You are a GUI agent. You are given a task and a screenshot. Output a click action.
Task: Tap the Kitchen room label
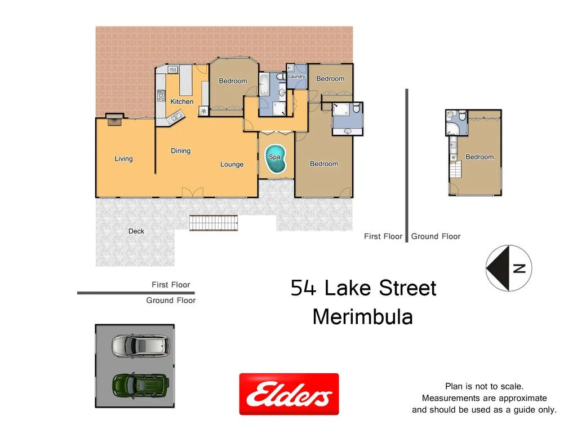[x=182, y=101]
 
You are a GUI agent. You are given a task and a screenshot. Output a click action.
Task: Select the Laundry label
[x=296, y=77]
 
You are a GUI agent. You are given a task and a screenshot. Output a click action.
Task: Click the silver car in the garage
[x=140, y=346]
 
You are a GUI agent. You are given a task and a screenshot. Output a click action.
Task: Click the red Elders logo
[x=289, y=394]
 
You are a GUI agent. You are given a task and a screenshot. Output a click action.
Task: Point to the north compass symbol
[x=509, y=268]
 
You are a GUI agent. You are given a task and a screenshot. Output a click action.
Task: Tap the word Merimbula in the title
[x=362, y=317]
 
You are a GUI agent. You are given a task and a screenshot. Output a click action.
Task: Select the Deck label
[x=136, y=231]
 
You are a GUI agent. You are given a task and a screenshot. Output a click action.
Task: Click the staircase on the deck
[x=213, y=223]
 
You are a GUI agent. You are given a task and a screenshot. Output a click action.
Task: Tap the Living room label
[x=123, y=158]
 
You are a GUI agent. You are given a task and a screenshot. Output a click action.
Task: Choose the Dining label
[x=180, y=151]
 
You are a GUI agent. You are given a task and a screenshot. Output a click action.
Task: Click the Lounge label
[x=232, y=165]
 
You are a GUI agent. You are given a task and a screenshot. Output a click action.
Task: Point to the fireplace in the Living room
[x=115, y=118]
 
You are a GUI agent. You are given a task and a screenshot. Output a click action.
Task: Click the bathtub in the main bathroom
[x=264, y=85]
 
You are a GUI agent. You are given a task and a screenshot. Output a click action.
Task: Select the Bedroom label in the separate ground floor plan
[x=479, y=157]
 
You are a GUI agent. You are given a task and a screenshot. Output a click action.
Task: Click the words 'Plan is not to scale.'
[x=484, y=386]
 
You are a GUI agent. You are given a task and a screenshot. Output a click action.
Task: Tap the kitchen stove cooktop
[x=161, y=95]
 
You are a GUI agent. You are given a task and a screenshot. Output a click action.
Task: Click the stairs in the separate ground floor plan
[x=455, y=168]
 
